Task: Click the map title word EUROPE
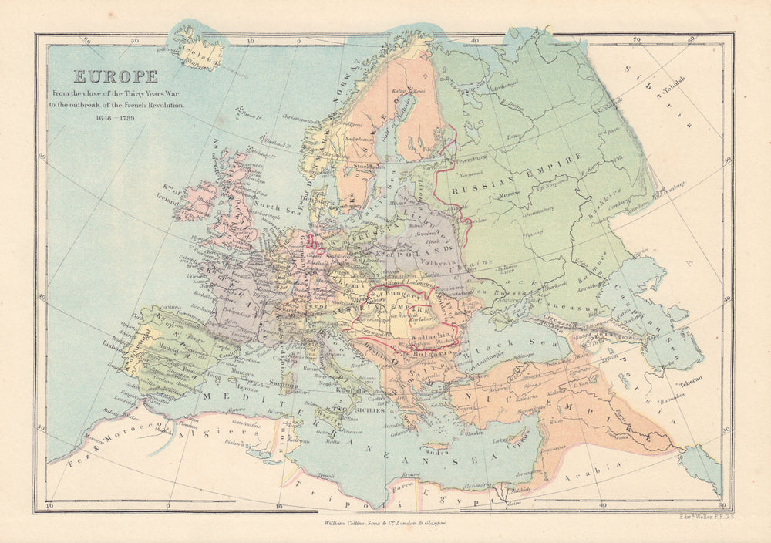tap(116, 76)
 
